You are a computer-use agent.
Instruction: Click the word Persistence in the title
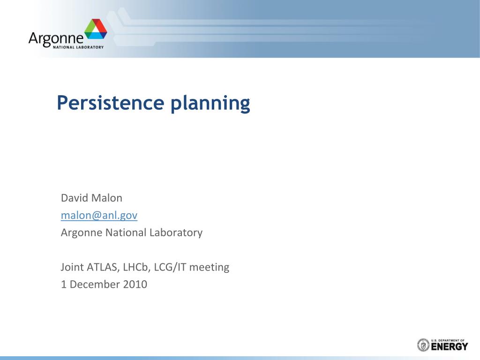pyautogui.click(x=111, y=103)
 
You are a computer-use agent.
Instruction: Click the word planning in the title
pyautogui.click(x=210, y=104)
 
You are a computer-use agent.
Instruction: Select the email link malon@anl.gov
pyautogui.click(x=99, y=215)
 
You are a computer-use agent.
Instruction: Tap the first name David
pyautogui.click(x=71, y=198)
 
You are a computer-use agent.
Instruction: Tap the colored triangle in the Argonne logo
pyautogui.click(x=96, y=29)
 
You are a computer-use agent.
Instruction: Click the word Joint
pyautogui.click(x=72, y=267)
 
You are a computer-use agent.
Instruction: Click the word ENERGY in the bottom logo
pyautogui.click(x=450, y=347)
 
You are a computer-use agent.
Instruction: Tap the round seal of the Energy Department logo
pyautogui.click(x=423, y=345)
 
